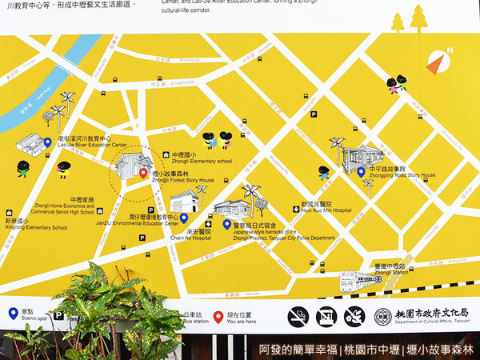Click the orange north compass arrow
(x=435, y=62)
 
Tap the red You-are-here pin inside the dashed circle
(x=142, y=173)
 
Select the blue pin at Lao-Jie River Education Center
(x=47, y=142)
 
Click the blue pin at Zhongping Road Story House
(x=361, y=171)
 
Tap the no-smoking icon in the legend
(x=298, y=316)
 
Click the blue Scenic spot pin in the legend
(x=13, y=314)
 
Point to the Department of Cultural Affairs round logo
(x=383, y=316)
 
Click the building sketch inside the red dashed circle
(x=131, y=166)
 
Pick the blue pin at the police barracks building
(x=227, y=225)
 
